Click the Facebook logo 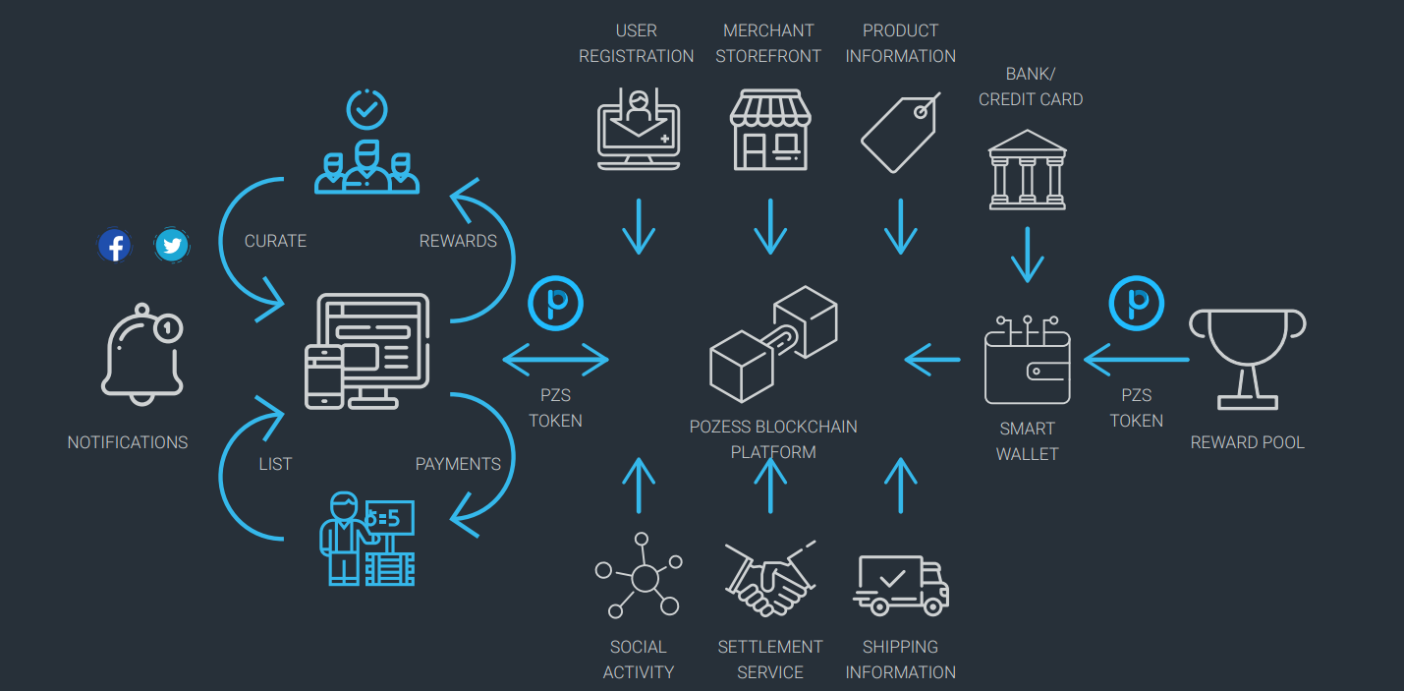[x=115, y=245]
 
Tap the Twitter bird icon [x=172, y=245]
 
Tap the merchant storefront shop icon [x=770, y=130]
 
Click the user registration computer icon [x=639, y=129]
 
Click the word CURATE [x=275, y=241]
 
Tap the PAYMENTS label [x=458, y=464]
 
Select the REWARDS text [x=458, y=241]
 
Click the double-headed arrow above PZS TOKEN [x=556, y=360]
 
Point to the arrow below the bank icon [x=1027, y=256]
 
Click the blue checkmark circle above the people [x=366, y=110]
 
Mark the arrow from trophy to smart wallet [x=1136, y=360]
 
